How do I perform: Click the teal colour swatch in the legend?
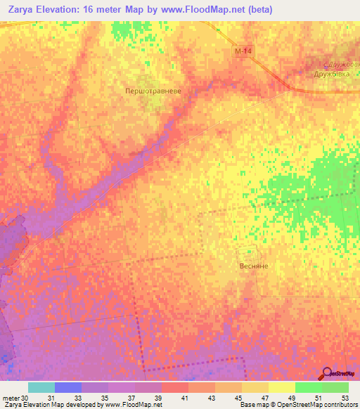coord(41,387)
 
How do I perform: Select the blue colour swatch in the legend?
coord(68,387)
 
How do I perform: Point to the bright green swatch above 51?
coord(309,387)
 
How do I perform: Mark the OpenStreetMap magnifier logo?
coord(327,373)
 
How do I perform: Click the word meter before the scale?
coord(11,398)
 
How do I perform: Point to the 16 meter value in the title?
coord(105,9)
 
